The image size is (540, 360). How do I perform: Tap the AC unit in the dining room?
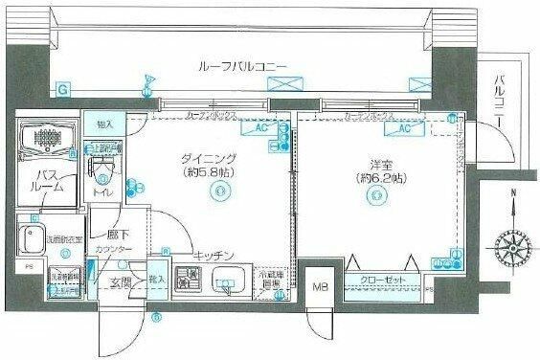[x=247, y=127]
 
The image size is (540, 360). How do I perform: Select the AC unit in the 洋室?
[x=404, y=127]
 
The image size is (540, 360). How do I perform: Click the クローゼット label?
[x=382, y=281]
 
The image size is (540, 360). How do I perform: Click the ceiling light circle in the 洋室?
[x=374, y=196]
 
